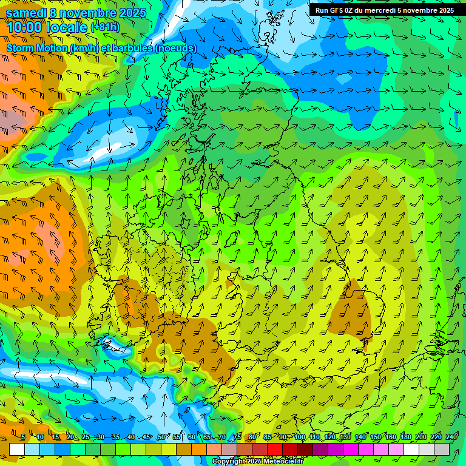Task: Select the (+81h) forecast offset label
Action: pyautogui.click(x=104, y=27)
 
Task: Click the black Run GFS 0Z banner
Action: pyautogui.click(x=384, y=10)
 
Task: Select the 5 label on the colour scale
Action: pyautogui.click(x=23, y=437)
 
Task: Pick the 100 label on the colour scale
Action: pyautogui.click(x=299, y=437)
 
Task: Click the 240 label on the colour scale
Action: pyautogui.click(x=451, y=437)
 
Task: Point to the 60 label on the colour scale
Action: pyautogui.click(x=192, y=437)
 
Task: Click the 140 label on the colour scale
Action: pyautogui.click(x=360, y=437)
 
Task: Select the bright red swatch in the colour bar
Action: pyautogui.click(x=275, y=449)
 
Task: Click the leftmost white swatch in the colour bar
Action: pyautogui.click(x=17, y=449)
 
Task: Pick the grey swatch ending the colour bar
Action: pyautogui.click(x=442, y=449)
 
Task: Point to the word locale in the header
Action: pyautogui.click(x=66, y=27)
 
